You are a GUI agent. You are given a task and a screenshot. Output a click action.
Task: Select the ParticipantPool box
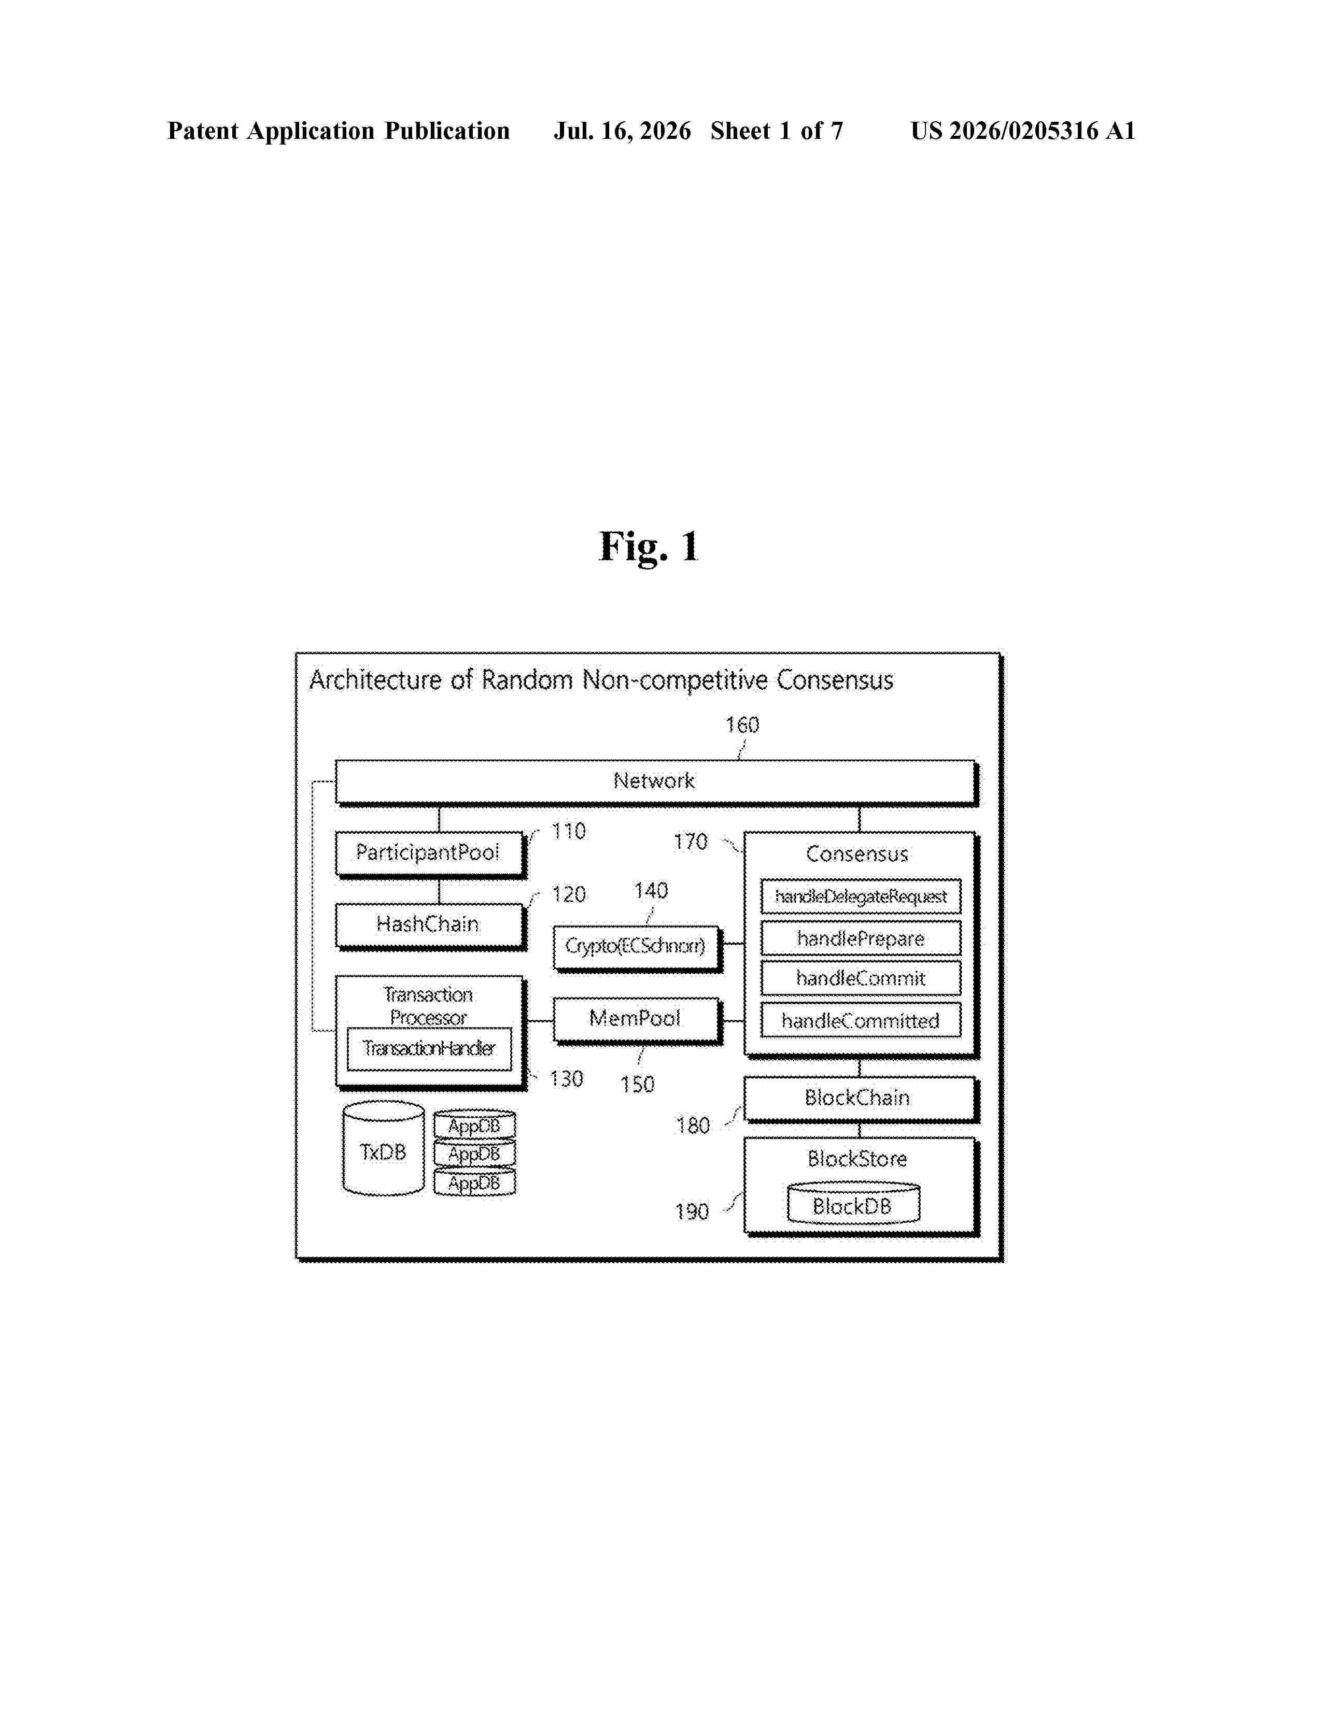[430, 853]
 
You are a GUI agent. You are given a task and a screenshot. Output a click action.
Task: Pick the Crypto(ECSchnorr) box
[637, 948]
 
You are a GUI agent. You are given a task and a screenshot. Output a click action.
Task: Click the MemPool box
[637, 1020]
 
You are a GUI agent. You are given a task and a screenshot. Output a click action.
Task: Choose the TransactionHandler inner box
[429, 1049]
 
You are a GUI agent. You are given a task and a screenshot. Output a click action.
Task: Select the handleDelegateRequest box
[861, 896]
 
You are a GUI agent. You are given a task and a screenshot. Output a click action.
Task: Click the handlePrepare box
[861, 938]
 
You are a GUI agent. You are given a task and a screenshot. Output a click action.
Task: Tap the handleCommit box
[861, 979]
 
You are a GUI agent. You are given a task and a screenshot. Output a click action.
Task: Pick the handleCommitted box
[861, 1020]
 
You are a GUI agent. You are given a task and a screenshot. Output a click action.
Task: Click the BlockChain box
[861, 1099]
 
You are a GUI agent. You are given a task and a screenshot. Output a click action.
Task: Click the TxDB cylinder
[384, 1149]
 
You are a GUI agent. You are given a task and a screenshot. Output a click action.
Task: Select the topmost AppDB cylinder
[474, 1124]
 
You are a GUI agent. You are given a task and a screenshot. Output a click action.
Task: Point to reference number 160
[742, 725]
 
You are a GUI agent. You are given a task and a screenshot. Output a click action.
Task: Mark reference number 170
[690, 843]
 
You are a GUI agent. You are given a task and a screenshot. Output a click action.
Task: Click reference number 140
[651, 891]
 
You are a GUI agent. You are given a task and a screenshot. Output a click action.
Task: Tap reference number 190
[692, 1212]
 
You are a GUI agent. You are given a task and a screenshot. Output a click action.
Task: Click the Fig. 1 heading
[649, 547]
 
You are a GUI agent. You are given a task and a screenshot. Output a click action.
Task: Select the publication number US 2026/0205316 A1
[1023, 131]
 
